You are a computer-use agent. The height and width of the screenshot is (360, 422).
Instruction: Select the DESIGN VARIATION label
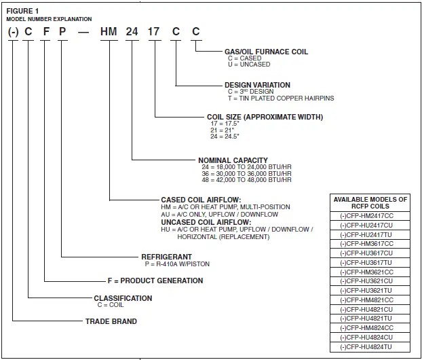point(257,86)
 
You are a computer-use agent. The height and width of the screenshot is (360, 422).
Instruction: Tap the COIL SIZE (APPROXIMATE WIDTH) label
point(265,117)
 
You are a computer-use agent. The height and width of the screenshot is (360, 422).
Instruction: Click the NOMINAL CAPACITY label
point(233,161)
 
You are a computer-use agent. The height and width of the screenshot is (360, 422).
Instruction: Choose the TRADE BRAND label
point(111,321)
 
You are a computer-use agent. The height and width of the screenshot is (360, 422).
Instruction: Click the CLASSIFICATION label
point(123,298)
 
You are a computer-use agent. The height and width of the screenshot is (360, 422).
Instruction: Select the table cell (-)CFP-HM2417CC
point(370,215)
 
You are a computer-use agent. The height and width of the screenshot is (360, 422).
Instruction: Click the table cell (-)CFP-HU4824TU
point(370,346)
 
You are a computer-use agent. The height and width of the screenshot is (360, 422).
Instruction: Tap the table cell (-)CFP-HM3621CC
point(370,272)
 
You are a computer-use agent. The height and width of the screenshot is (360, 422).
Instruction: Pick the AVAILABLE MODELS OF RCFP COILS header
point(370,203)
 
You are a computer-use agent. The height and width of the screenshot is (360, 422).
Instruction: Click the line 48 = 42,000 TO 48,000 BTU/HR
point(244,181)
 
